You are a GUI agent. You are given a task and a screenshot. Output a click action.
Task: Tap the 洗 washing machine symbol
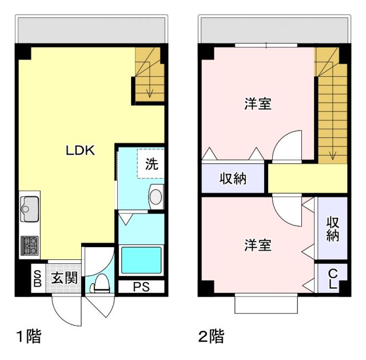(151, 163)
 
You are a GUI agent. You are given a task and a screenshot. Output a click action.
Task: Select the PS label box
(141, 287)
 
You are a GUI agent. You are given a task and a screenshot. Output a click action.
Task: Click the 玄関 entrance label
(64, 279)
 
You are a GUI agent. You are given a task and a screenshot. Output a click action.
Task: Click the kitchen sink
(29, 208)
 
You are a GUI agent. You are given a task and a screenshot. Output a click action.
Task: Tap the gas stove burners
(29, 246)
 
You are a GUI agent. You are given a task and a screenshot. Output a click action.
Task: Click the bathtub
(141, 260)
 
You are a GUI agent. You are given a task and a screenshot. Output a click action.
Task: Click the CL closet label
(332, 279)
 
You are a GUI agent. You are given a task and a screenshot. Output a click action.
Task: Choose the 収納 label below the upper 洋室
(233, 179)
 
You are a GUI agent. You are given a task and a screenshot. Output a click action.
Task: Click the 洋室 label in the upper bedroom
(257, 104)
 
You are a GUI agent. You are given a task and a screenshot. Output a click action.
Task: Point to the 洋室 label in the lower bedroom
(257, 245)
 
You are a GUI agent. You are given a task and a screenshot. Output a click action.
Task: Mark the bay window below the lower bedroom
(266, 304)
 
